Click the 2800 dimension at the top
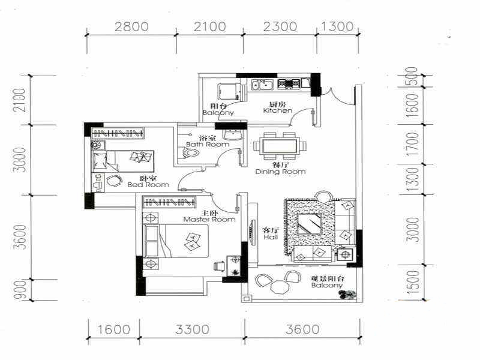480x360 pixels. tap(131, 26)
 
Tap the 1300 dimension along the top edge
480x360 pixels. tap(337, 26)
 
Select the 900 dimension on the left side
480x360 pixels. tap(21, 290)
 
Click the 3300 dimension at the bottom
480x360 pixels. tap(192, 329)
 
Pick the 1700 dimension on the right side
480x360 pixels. tap(412, 144)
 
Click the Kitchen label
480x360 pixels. tap(278, 110)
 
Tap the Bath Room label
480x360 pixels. tap(208, 144)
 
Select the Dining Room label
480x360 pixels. tap(280, 172)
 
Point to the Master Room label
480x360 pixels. tap(209, 220)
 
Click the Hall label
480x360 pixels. tap(271, 237)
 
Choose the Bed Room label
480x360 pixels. tap(148, 185)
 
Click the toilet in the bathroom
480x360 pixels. tap(191, 152)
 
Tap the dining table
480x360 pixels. tap(280, 146)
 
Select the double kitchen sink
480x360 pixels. tap(262, 84)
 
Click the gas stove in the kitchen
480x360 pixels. tap(289, 83)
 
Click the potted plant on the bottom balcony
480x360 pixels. tap(347, 294)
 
